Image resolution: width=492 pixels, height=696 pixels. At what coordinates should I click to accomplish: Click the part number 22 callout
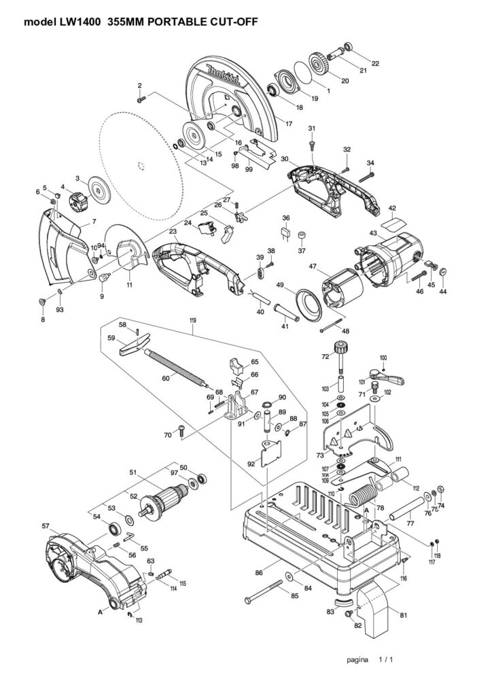point(375,63)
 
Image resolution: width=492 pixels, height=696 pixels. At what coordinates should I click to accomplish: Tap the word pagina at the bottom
point(357,659)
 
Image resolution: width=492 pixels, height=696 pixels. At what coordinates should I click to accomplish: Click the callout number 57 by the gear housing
point(46,526)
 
